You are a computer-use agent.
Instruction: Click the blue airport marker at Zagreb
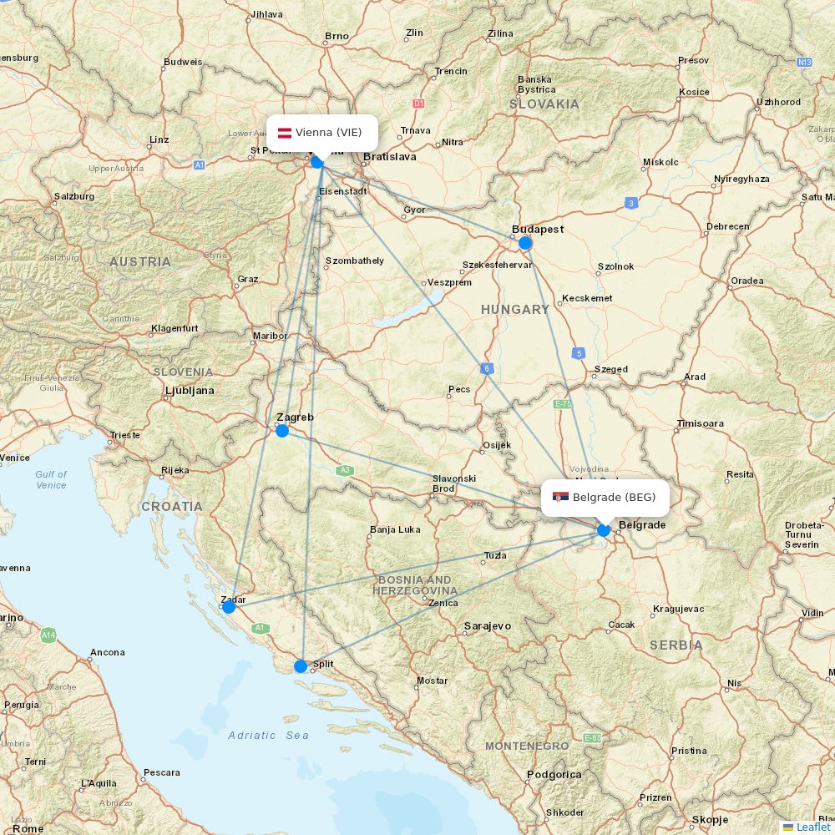[282, 431]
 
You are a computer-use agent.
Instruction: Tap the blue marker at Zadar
[229, 606]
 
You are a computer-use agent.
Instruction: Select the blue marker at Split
[301, 665]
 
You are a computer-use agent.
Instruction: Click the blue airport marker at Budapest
[525, 243]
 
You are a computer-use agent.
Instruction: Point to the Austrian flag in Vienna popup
[284, 133]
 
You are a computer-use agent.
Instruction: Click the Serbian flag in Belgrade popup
[561, 498]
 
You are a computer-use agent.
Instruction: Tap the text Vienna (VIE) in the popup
[328, 133]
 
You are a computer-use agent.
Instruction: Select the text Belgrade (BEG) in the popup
[614, 498]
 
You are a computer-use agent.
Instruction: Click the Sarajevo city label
[487, 625]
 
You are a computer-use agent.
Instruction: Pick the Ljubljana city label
[190, 390]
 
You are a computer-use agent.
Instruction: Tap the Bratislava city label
[390, 156]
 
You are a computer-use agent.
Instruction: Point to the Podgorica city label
[554, 775]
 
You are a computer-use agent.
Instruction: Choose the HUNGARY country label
[515, 310]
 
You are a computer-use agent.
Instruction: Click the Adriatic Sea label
[268, 736]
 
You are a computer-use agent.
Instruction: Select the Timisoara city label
[700, 423]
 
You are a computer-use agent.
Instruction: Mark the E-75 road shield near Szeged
[564, 404]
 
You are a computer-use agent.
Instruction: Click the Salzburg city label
[73, 196]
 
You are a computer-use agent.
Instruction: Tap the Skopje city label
[709, 819]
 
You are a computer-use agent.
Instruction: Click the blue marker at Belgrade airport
[604, 529]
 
